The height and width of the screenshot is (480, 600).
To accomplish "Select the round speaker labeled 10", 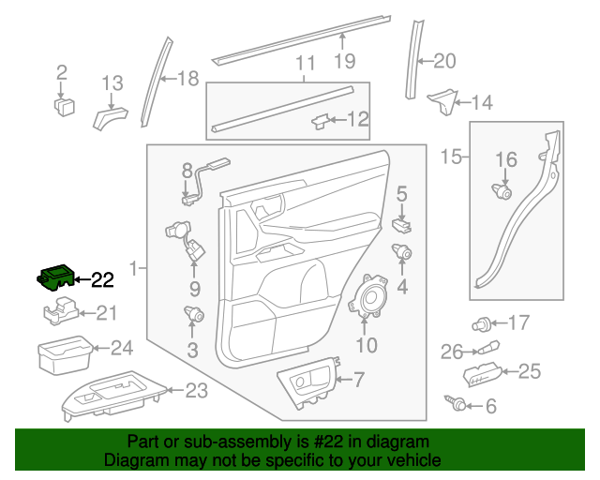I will [372, 298].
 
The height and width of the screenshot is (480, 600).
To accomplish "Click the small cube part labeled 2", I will [64, 104].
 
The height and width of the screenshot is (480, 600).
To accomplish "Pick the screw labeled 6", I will [459, 403].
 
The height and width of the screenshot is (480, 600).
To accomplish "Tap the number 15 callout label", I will [451, 157].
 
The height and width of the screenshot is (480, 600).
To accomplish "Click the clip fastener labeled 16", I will [503, 192].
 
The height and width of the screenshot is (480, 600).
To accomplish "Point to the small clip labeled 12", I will [322, 120].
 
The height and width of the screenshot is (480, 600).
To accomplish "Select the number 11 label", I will [306, 64].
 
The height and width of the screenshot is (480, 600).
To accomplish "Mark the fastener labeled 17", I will [482, 324].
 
